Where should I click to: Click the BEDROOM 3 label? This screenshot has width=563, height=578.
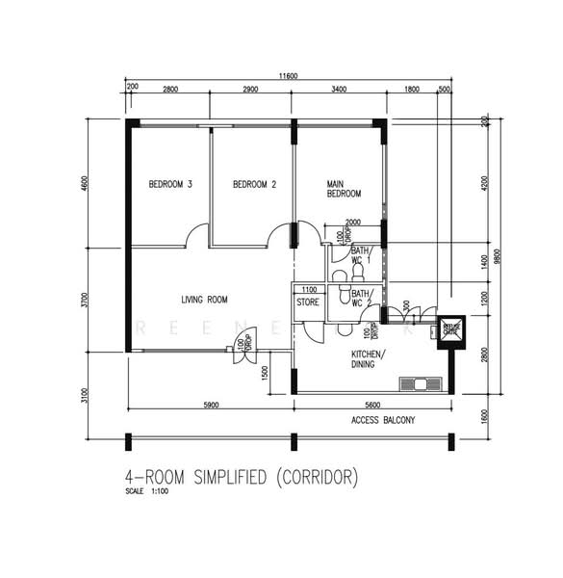point(169,184)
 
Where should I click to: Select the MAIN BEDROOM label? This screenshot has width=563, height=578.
point(345,188)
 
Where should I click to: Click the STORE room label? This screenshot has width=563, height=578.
point(308,302)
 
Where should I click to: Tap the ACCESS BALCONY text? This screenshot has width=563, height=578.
point(383,420)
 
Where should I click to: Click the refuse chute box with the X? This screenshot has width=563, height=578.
point(450,330)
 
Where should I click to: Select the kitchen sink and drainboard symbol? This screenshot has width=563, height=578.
point(422,383)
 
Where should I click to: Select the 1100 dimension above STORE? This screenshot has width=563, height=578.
point(309,289)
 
